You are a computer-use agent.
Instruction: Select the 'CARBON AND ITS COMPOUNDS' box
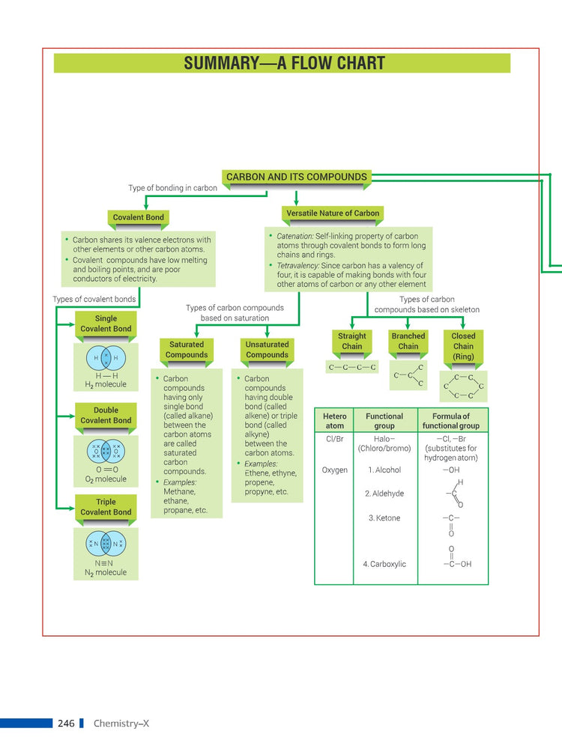(297, 178)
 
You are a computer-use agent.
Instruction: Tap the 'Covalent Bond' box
(138, 217)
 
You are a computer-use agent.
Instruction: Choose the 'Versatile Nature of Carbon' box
(333, 213)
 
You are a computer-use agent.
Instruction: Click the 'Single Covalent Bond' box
(106, 324)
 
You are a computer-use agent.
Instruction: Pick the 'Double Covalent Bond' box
(106, 416)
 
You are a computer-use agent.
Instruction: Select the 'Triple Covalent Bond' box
(106, 507)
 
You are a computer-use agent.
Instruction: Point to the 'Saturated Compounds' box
(187, 350)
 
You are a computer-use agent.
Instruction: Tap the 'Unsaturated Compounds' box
(267, 350)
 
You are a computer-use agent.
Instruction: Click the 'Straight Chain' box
(352, 342)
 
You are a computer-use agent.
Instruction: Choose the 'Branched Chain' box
(408, 342)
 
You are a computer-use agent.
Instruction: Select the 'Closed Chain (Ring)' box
(463, 346)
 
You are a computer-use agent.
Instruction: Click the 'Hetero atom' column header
(335, 421)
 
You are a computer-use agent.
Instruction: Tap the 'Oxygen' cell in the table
(335, 470)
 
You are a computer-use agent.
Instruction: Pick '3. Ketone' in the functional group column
(384, 518)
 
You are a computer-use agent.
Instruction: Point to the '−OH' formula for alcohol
(451, 470)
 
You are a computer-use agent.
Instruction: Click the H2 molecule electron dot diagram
(106, 358)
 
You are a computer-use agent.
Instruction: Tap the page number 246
(66, 724)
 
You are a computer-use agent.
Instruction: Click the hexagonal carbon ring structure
(464, 386)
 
